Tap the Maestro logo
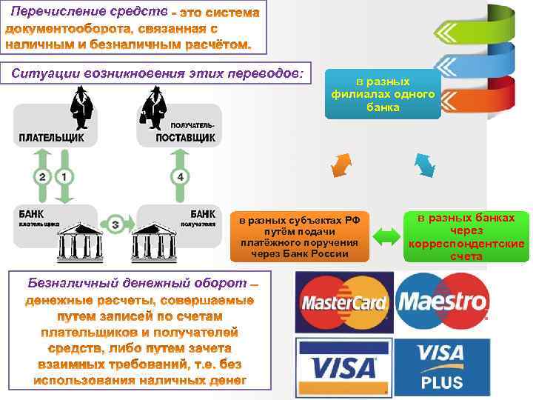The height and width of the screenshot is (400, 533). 442,302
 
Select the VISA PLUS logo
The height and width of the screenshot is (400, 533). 442,367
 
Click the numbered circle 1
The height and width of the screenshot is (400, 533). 65,177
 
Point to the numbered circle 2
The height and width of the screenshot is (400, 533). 42,177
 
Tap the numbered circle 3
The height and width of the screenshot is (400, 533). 115,224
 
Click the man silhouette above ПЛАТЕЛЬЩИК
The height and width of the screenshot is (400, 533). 80,107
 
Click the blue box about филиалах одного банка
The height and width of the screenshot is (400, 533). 383,94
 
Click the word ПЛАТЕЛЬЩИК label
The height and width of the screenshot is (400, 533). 51,138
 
